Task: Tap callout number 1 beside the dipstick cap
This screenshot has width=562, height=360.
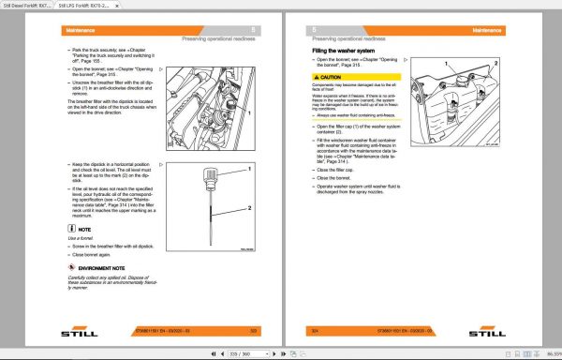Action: [x=252, y=169]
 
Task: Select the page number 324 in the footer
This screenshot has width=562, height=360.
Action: [x=313, y=329]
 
